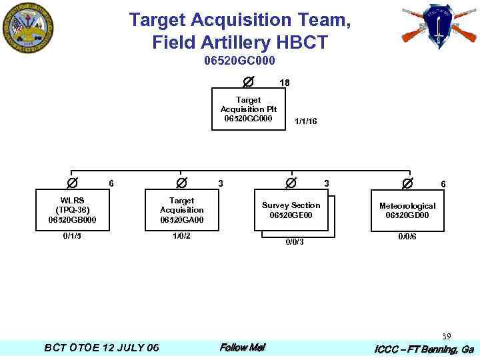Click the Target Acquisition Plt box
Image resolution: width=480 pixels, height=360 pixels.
249,109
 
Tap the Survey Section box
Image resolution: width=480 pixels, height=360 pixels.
291,210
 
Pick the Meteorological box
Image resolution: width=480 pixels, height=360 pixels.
407,211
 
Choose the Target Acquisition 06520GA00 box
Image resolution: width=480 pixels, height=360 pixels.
181,210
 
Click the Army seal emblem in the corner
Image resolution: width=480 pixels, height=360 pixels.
27,27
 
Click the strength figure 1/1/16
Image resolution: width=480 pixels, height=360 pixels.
306,121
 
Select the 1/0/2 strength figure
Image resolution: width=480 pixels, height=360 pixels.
181,236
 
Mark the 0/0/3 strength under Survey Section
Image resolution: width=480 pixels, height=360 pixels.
295,242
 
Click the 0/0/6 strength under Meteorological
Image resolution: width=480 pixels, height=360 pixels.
407,237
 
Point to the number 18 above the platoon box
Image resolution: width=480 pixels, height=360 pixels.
285,83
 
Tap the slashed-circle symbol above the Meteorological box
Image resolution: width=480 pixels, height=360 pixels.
407,182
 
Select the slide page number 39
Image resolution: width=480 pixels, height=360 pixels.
446,336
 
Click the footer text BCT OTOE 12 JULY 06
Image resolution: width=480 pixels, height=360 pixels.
101,348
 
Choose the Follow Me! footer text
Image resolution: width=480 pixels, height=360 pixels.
243,347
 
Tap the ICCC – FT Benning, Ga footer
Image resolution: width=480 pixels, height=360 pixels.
424,349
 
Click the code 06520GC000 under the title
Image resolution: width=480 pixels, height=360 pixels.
240,61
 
